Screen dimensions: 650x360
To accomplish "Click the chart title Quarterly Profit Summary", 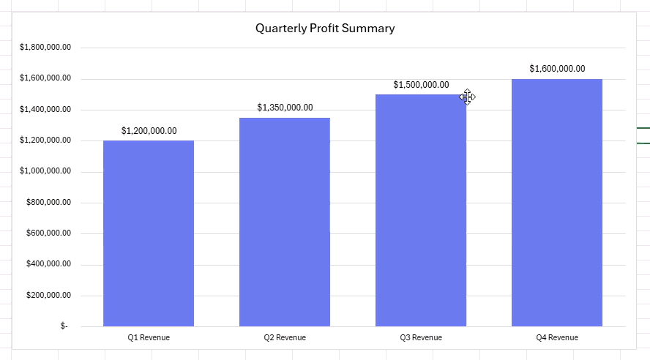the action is pos(325,28).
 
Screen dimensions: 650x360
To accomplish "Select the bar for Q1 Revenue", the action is pos(149,233).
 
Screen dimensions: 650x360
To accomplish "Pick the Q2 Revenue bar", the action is pos(285,222).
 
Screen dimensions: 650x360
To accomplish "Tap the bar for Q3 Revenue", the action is pos(421,211).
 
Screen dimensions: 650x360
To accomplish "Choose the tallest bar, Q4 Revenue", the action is pos(557,203).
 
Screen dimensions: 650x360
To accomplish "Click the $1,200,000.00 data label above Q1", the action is pos(149,131).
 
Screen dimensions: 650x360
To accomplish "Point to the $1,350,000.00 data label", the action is pos(285,108).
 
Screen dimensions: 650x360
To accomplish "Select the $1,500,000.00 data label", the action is pos(421,85).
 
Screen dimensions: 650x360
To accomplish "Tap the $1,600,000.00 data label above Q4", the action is pos(557,69).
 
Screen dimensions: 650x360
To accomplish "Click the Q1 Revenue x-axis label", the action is pos(149,337).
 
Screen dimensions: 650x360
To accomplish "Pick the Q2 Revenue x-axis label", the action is pos(285,337).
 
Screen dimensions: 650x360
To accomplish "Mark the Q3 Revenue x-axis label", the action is pos(421,337).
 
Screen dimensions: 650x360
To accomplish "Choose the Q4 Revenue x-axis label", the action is pos(557,337).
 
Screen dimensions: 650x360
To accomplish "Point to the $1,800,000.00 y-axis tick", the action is pos(45,48).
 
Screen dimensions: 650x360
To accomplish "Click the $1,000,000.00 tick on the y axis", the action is pos(45,171).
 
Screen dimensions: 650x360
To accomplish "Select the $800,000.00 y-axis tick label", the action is pos(48,202).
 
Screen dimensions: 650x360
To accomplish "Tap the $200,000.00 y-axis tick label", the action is pos(48,295).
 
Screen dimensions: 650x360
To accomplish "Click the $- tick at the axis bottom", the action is pos(64,326).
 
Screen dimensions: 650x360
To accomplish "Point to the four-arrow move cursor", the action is pos(467,97).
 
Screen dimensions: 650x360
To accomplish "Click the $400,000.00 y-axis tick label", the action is pos(48,264).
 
